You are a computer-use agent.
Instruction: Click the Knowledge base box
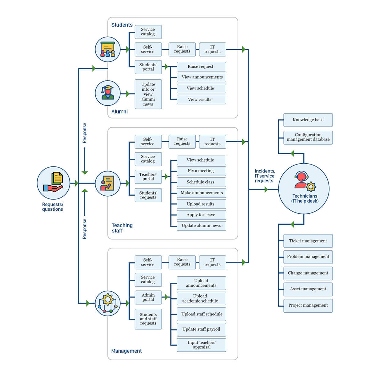308,120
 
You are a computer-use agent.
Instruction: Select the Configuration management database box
308,137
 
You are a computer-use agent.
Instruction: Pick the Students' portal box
148,67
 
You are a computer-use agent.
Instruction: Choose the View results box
201,100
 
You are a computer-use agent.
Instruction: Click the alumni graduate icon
108,93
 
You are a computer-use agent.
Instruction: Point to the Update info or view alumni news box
148,94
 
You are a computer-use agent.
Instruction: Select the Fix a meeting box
201,171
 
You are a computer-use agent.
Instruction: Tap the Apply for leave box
201,215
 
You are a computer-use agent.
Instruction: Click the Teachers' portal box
148,177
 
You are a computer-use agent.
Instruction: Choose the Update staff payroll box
201,329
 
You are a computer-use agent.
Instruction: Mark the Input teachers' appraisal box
201,345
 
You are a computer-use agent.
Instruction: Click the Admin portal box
148,297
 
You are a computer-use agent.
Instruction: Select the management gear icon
108,303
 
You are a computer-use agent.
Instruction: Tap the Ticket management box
308,241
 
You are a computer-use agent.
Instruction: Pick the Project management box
308,306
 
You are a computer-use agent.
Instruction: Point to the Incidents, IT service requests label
265,176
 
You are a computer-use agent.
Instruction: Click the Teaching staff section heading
122,228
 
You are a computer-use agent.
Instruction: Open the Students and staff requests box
148,319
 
